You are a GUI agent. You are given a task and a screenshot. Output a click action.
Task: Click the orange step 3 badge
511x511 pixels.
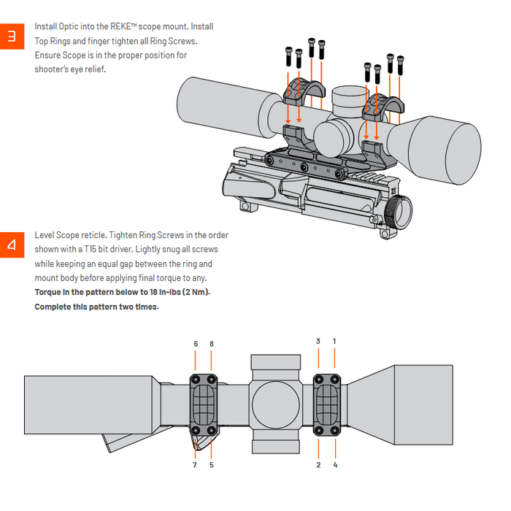pos(11,36)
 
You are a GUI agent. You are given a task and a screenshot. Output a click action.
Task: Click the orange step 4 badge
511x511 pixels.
pos(11,245)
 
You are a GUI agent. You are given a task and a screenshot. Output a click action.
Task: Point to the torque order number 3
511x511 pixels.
pos(318,341)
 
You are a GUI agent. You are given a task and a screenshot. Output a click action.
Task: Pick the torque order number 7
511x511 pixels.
pos(195,464)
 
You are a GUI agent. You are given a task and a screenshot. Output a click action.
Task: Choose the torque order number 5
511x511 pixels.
pos(212,464)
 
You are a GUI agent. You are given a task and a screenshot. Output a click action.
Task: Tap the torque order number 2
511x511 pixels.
pos(318,464)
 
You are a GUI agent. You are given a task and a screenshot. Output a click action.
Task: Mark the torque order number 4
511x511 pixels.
pos(335,464)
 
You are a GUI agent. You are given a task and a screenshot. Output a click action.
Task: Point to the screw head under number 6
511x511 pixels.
pos(196,379)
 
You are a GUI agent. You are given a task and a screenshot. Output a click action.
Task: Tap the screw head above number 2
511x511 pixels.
pos(319,431)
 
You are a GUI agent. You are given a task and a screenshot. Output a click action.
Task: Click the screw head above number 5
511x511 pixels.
pos(212,431)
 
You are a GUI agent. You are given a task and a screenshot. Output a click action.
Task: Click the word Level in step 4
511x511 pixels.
pos(45,235)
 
